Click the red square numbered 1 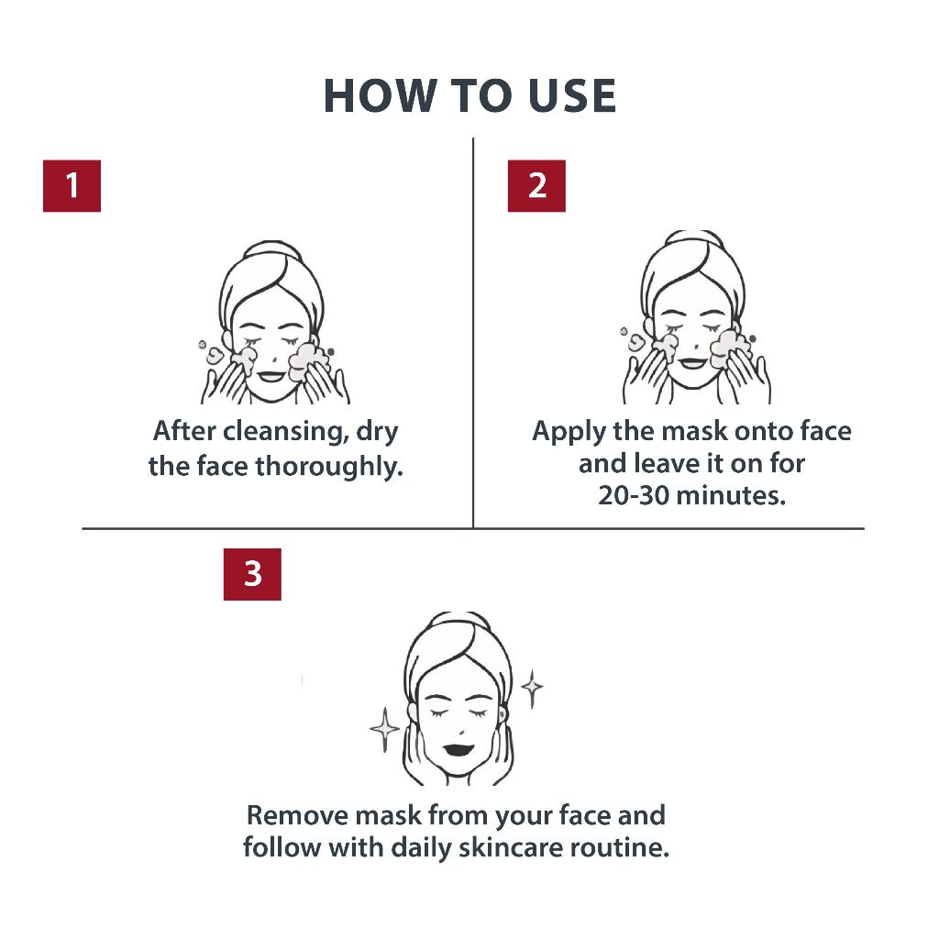pyautogui.click(x=72, y=185)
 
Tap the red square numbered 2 pyautogui.click(x=536, y=185)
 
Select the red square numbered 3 pyautogui.click(x=252, y=574)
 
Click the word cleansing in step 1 pyautogui.click(x=285, y=432)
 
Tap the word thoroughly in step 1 pyautogui.click(x=329, y=466)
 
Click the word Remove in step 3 pyautogui.click(x=298, y=815)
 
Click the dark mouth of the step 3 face pyautogui.click(x=458, y=749)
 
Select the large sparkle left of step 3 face pyautogui.click(x=384, y=729)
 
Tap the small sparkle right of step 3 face pyautogui.click(x=532, y=688)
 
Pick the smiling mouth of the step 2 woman pyautogui.click(x=693, y=363)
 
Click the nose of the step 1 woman pyautogui.click(x=274, y=359)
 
